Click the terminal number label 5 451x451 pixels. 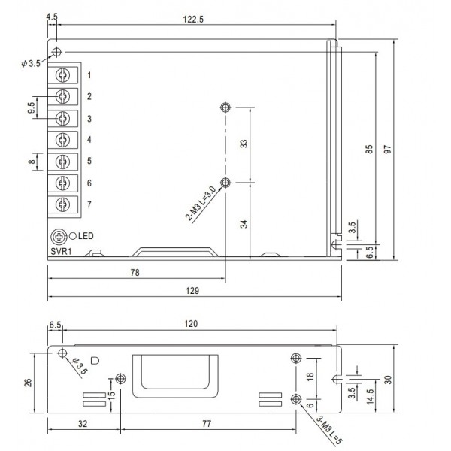(89, 161)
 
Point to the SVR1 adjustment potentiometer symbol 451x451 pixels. (59, 235)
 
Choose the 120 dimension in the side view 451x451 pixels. (190, 324)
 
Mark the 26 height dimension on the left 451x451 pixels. (28, 381)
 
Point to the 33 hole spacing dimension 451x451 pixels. (244, 144)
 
